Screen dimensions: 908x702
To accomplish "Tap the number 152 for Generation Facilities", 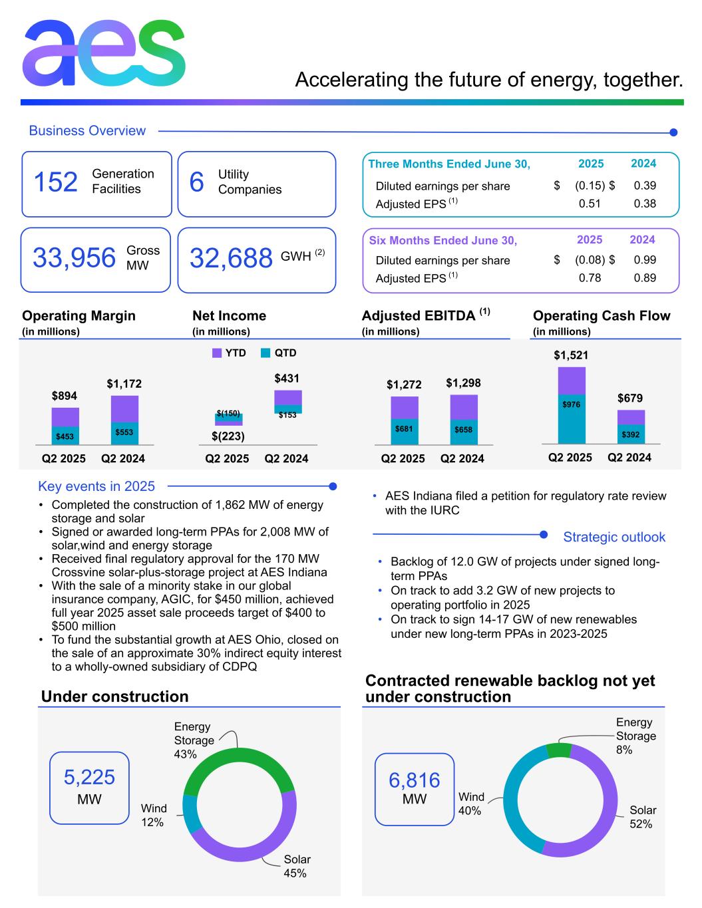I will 55,182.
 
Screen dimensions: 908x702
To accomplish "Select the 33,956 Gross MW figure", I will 74,258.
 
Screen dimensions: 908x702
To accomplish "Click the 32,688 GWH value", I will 231,258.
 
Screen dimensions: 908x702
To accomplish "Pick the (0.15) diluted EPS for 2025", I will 590,186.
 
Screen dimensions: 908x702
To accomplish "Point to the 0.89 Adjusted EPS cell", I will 644,277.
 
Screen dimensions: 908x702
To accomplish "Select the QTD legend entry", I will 278,353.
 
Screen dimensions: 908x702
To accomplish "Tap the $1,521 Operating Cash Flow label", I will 570,355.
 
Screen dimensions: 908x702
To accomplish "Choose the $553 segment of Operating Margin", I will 124,433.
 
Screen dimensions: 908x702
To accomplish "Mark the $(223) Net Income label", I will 228,436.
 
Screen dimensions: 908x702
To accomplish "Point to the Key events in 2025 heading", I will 96,486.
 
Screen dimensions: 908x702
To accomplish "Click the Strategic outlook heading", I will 614,537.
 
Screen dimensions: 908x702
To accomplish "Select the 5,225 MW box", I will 89,788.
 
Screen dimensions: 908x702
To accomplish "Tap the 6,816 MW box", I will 414,789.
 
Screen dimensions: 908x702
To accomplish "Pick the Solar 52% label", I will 642,817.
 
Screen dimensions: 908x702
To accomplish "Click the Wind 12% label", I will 153,815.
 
